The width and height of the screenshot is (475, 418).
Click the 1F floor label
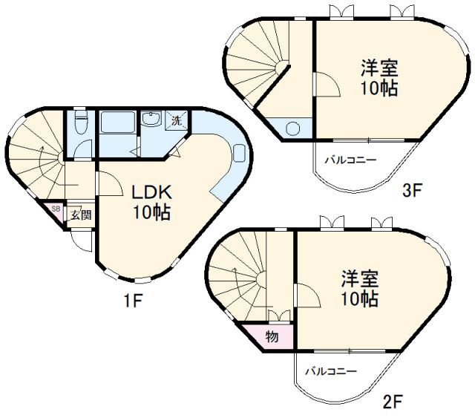[133, 300]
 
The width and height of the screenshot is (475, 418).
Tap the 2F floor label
[393, 402]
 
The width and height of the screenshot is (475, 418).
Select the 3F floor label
[413, 190]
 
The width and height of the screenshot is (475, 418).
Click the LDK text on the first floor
[151, 192]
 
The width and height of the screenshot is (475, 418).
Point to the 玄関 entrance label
[81, 215]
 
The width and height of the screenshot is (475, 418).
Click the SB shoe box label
[56, 209]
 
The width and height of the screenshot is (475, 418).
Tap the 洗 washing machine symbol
[176, 120]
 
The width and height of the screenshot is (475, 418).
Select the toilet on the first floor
[81, 122]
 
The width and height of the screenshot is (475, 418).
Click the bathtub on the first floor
[118, 122]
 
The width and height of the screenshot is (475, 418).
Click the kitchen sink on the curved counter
[239, 153]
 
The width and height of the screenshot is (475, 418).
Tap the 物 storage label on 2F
[272, 336]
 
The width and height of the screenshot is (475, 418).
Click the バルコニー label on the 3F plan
[350, 160]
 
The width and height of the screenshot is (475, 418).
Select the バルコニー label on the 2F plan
[330, 371]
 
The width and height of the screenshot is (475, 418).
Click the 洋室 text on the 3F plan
[379, 68]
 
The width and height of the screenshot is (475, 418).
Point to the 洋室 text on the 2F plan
[360, 279]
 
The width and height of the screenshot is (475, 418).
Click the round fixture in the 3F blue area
[292, 128]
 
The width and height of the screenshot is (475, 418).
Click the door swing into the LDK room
[109, 183]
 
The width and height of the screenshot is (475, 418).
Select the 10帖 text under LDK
[151, 212]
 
